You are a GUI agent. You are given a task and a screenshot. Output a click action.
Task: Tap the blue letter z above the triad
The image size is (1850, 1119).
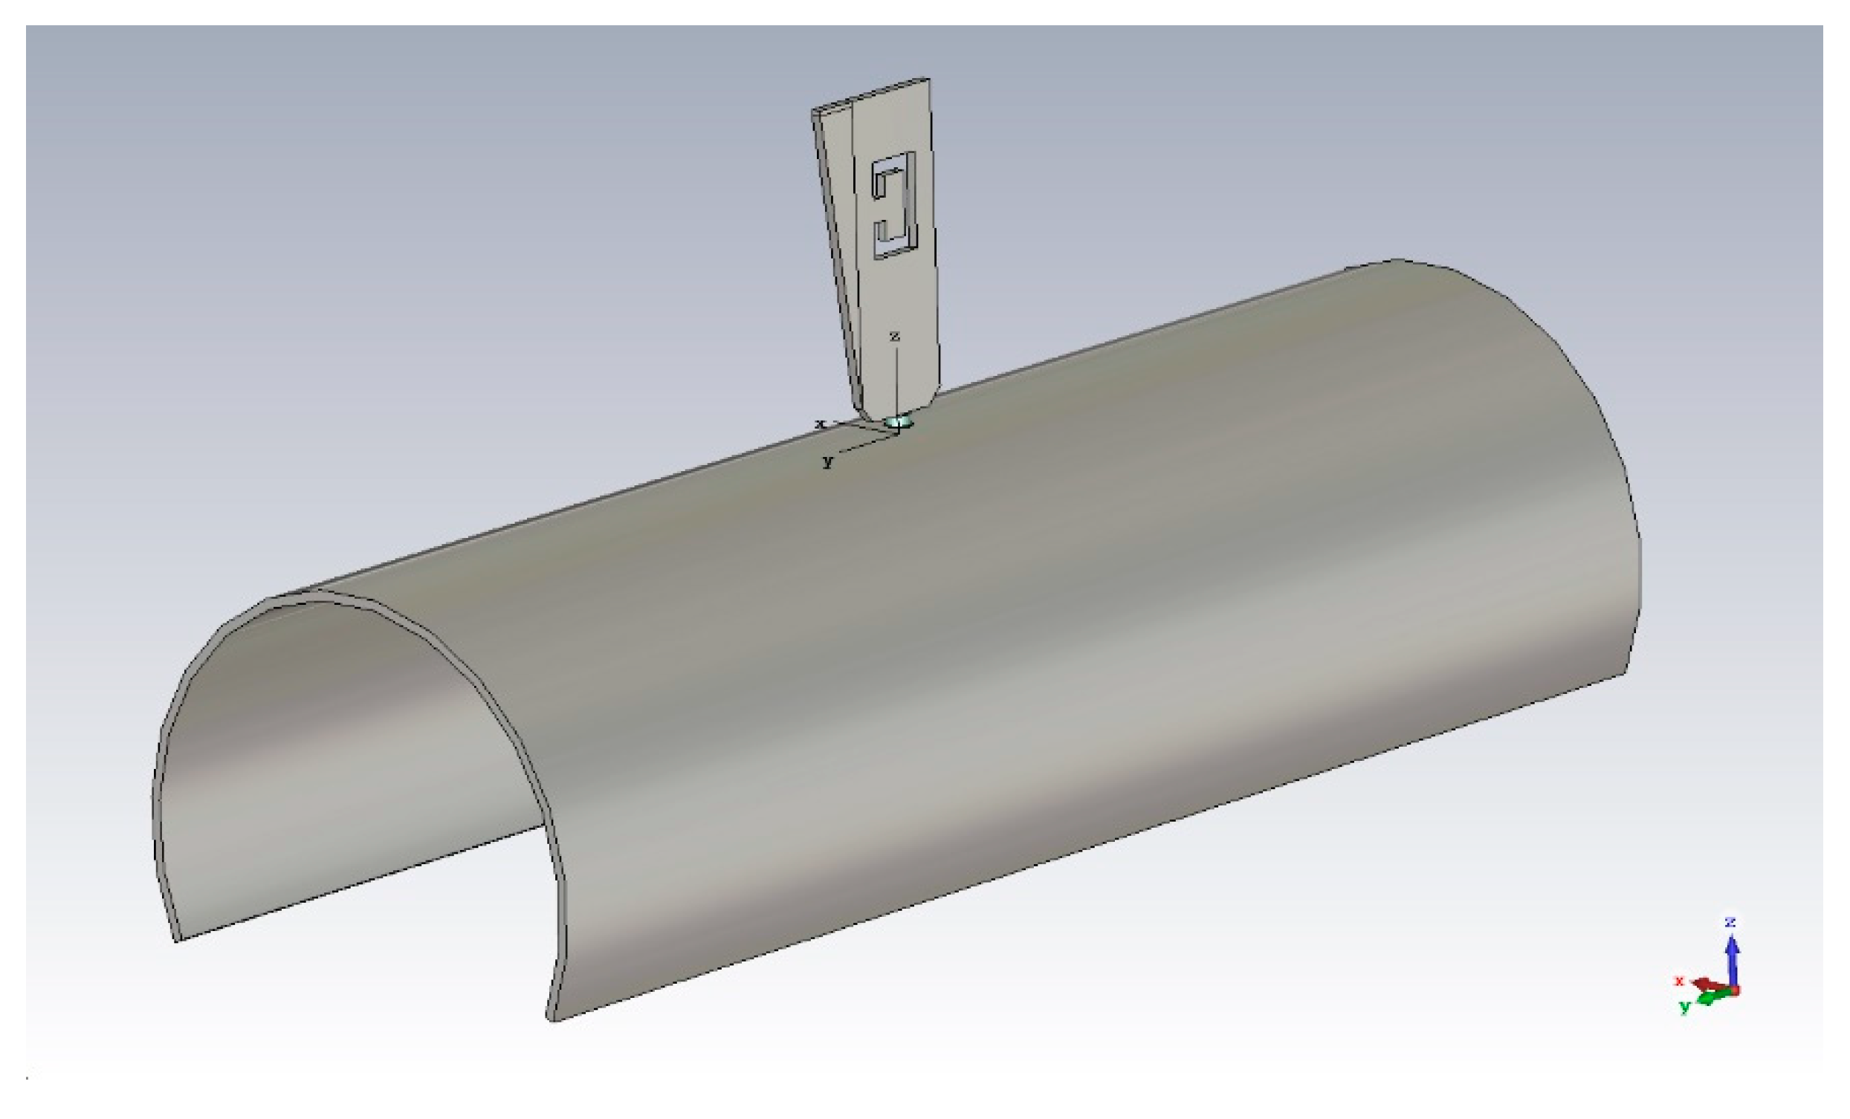(x=1730, y=921)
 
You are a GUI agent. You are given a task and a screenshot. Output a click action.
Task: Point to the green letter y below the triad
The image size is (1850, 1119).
(x=1685, y=1006)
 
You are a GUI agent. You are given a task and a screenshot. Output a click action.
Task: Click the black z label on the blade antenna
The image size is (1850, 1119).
(x=894, y=337)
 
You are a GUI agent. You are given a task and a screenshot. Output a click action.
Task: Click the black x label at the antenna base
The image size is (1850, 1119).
(x=820, y=424)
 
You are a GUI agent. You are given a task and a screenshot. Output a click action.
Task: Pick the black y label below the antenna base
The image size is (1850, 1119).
(x=827, y=461)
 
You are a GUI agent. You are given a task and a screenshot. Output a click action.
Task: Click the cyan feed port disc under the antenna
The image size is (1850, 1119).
(x=898, y=423)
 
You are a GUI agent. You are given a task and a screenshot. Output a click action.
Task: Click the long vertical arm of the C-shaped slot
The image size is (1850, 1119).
(x=910, y=203)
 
